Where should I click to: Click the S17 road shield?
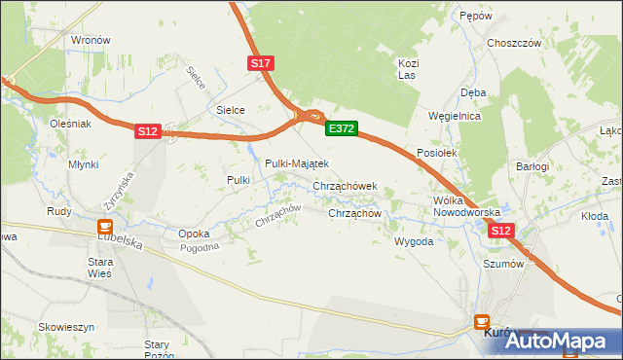point(261,63)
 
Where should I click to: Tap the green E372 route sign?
point(342,128)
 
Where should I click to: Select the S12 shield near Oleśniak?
point(147,130)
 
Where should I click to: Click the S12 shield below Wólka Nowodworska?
point(500,231)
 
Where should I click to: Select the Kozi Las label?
point(408,69)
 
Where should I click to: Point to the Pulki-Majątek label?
point(298,163)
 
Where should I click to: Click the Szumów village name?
point(504,264)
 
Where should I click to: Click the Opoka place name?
point(194,234)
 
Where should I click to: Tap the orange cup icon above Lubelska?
point(105,227)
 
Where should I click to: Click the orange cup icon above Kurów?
point(481,320)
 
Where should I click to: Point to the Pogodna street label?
point(201,247)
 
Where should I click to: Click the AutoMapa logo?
point(565,341)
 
